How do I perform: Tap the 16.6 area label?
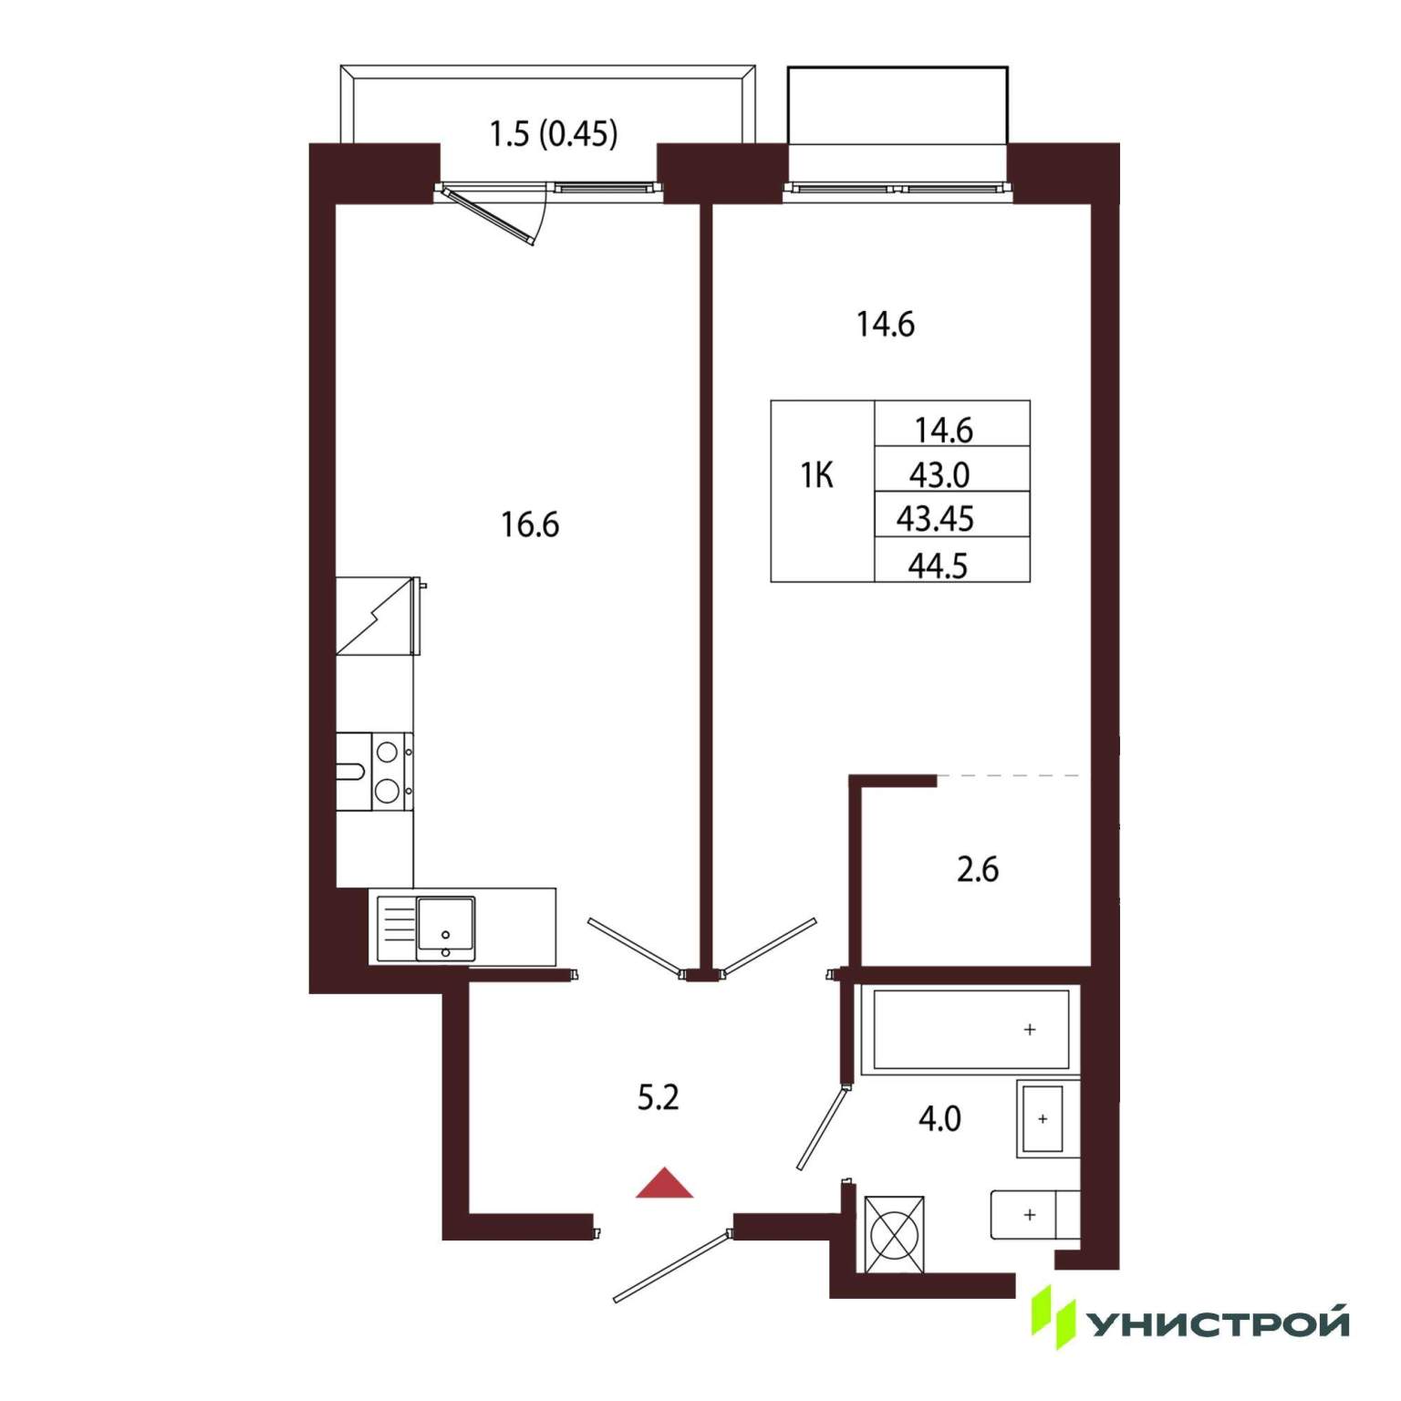(530, 524)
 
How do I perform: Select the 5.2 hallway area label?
(658, 1097)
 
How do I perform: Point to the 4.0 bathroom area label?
(939, 1118)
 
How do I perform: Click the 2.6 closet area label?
(977, 869)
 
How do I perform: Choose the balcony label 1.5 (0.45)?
(554, 134)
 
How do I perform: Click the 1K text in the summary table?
(816, 475)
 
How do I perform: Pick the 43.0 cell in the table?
(939, 475)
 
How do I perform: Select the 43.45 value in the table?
(936, 519)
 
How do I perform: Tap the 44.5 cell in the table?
(938, 566)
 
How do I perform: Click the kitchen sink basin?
(446, 929)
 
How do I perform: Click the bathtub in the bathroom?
(971, 1030)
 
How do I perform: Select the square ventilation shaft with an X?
(894, 1234)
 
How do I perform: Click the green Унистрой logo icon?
(1053, 1317)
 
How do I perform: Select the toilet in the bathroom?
(1035, 1215)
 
